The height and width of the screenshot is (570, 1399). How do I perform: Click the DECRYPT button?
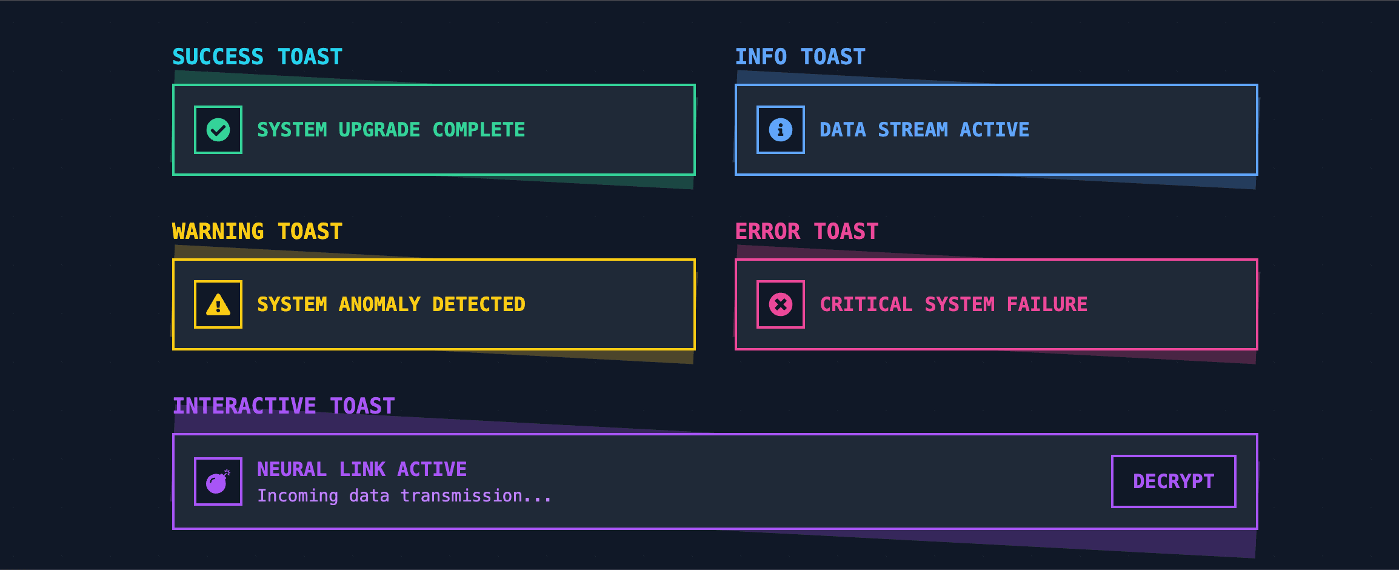1174,481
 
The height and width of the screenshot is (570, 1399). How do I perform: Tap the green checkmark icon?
218,130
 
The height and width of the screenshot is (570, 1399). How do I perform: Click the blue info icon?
781,130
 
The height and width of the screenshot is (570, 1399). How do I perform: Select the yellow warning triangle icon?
218,304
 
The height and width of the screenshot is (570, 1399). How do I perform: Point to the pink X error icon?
781,304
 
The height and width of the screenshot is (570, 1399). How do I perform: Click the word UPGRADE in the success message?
379,130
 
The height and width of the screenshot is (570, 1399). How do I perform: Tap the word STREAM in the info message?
913,130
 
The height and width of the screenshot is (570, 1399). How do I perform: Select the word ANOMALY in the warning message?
379,304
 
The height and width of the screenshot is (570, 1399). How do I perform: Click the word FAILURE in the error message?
1047,304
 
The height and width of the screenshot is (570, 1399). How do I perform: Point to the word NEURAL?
292,469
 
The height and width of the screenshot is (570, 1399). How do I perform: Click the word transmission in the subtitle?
461,496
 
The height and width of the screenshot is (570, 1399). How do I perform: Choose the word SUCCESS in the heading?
218,57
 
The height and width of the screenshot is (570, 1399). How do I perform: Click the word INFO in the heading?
761,57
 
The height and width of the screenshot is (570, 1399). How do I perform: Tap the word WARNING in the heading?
218,232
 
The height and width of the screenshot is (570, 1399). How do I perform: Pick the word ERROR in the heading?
768,232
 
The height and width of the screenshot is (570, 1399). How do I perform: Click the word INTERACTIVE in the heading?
245,406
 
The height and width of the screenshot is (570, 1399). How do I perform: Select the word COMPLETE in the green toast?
479,130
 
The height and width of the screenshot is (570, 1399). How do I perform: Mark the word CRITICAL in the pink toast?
866,304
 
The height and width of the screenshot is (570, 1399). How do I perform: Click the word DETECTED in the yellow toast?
479,304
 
